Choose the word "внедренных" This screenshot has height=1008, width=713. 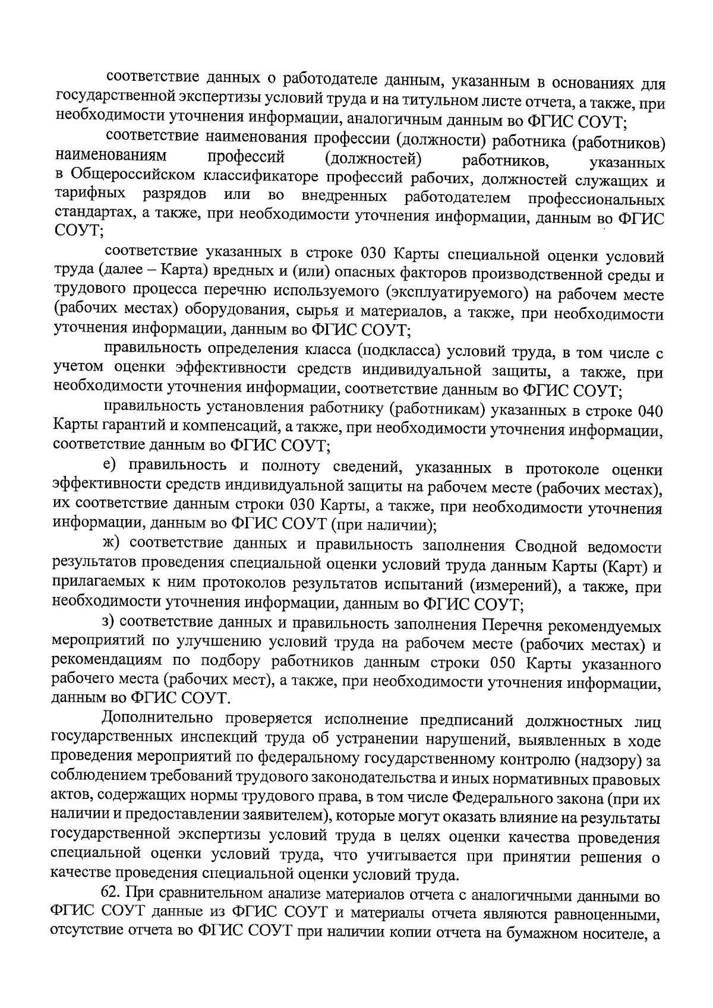pyautogui.click(x=345, y=196)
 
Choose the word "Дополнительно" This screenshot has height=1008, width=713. pyautogui.click(x=156, y=719)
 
